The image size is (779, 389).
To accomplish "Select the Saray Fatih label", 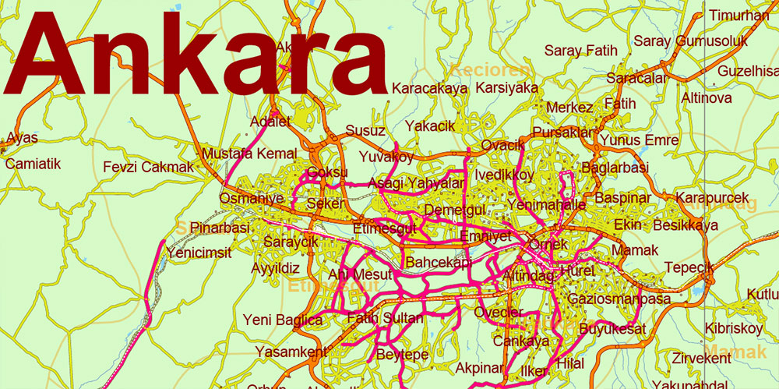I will click(x=580, y=51).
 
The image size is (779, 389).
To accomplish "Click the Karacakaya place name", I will click(x=429, y=88).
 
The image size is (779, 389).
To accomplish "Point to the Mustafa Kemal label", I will click(x=249, y=154).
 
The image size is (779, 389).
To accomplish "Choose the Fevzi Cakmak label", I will click(x=148, y=167).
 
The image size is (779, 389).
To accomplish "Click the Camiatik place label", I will click(x=33, y=164).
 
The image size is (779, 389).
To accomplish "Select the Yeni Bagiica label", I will click(x=283, y=320).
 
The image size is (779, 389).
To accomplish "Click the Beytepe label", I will click(x=402, y=355).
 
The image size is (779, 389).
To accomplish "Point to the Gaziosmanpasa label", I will click(x=619, y=299).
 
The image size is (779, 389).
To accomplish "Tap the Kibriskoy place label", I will click(x=733, y=328).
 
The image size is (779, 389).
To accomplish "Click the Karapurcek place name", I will click(x=712, y=198).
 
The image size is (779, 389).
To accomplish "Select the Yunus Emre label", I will click(x=640, y=140).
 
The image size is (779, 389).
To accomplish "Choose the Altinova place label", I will click(x=707, y=98).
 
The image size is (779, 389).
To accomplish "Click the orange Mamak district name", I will click(x=736, y=353).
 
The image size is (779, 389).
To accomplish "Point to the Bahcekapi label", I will click(x=439, y=262).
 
